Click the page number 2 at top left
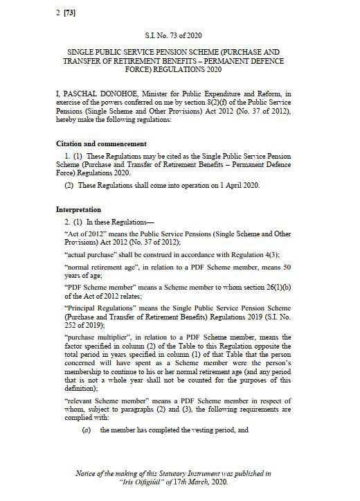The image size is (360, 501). coord(57,12)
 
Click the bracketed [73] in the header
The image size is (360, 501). coord(70,12)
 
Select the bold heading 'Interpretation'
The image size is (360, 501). coord(78,209)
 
